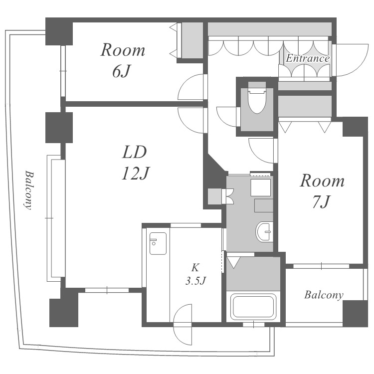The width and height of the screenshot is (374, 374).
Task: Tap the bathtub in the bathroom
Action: pyautogui.click(x=253, y=307)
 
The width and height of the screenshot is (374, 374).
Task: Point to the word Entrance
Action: pyautogui.click(x=308, y=59)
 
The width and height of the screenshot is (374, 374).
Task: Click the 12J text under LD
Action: pyautogui.click(x=135, y=173)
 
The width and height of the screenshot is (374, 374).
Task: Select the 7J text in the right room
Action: pyautogui.click(x=320, y=202)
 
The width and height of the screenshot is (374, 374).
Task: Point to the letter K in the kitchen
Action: pyautogui.click(x=196, y=266)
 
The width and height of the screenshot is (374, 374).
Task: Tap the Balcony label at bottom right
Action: pyautogui.click(x=324, y=295)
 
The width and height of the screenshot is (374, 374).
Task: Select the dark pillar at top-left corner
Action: pyautogui.click(x=59, y=30)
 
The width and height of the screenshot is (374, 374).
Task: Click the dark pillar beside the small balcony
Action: pyautogui.click(x=356, y=313)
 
